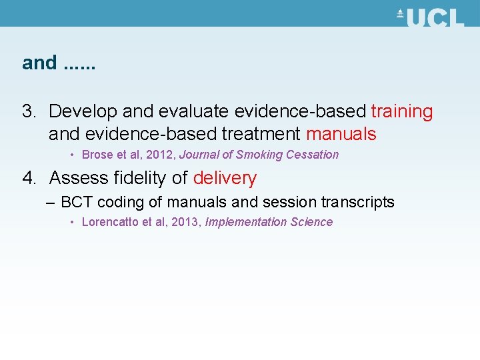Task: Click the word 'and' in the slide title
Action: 39,63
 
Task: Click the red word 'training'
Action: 402,111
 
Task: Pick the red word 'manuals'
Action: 341,134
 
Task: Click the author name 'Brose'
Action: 97,155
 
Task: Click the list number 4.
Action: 30,178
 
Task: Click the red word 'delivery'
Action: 225,178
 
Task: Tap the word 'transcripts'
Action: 358,202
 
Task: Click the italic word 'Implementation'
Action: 246,222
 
